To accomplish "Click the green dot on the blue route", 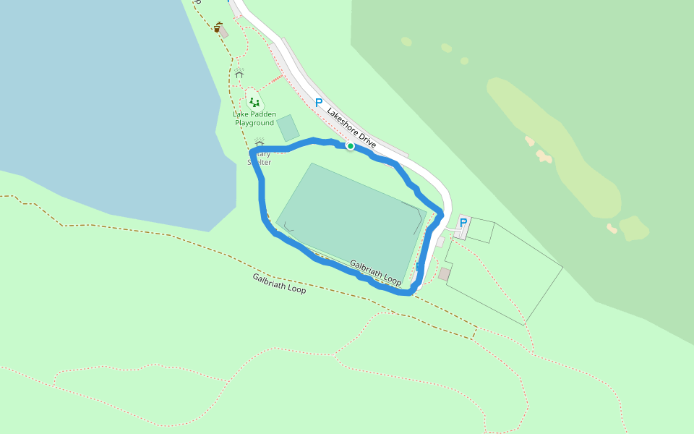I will (x=350, y=146).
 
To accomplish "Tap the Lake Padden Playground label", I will (x=254, y=119).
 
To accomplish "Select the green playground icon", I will (x=254, y=103).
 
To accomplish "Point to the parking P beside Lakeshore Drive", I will (x=318, y=103).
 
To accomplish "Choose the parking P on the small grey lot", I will (x=463, y=223).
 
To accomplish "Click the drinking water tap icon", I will (x=217, y=27).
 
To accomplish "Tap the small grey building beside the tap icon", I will (x=224, y=33).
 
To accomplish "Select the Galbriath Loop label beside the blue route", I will (x=375, y=273).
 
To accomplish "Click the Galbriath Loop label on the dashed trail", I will (x=279, y=283).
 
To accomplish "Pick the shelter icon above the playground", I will (x=239, y=73).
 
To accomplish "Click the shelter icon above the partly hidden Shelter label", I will (x=260, y=143).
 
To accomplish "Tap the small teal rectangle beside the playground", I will (x=288, y=127).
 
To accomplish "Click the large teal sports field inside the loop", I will (x=347, y=217).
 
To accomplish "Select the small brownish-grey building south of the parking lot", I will (x=444, y=274).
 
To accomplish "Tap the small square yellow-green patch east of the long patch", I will (x=634, y=228).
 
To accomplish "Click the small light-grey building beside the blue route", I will (x=440, y=242).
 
